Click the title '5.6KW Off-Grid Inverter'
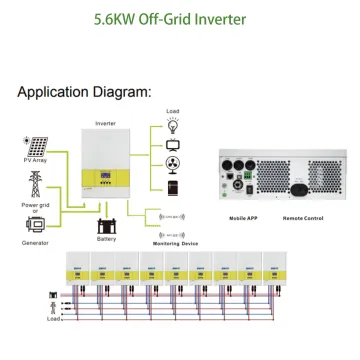[180, 18]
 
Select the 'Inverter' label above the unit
[105, 123]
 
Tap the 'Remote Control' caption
[302, 215]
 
